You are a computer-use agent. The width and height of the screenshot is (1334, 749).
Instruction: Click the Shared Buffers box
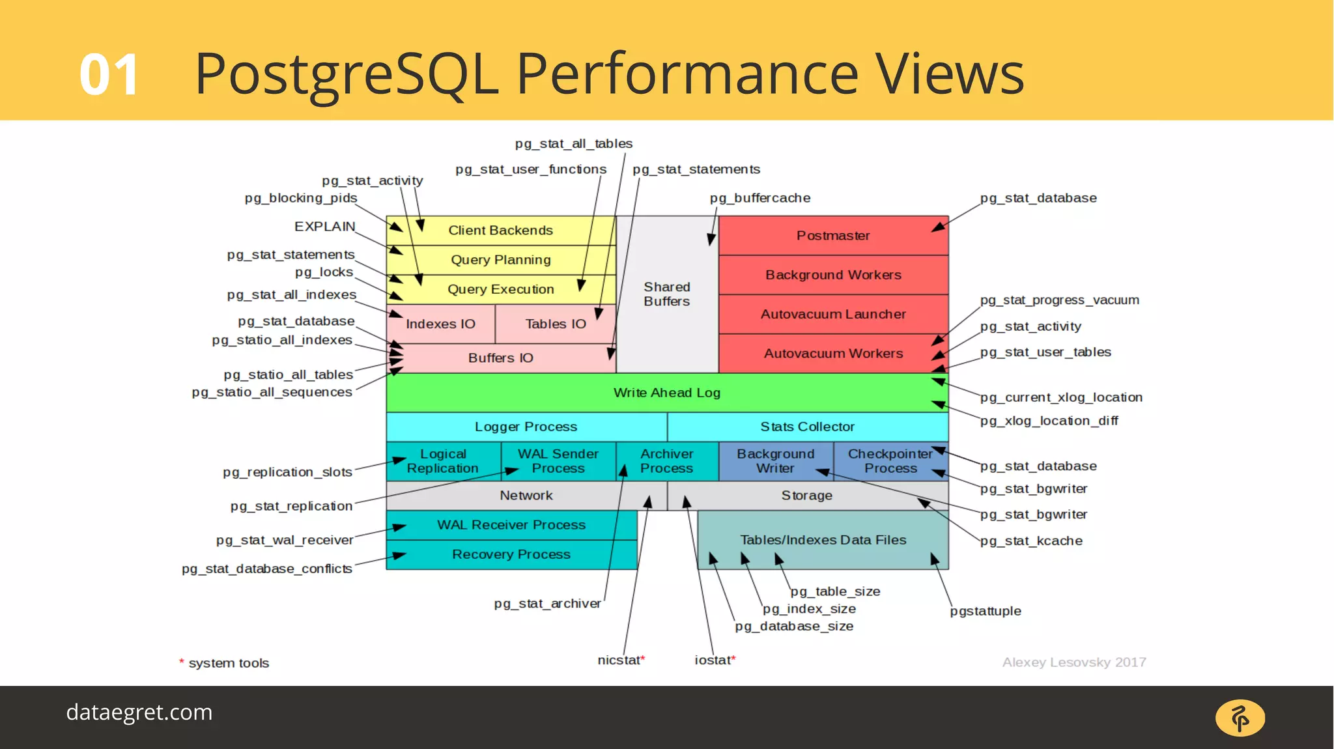[666, 294]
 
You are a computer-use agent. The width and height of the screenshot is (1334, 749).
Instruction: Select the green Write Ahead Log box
[666, 393]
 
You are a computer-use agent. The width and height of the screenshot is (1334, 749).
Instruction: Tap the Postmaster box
[833, 236]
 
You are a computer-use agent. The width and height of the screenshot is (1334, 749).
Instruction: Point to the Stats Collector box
[807, 427]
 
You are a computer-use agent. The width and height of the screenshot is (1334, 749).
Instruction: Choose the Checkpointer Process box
[890, 461]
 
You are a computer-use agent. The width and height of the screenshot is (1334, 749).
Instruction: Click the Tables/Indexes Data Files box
[823, 540]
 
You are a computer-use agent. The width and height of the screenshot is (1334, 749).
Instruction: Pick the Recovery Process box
[511, 554]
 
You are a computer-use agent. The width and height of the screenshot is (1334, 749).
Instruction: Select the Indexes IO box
[440, 324]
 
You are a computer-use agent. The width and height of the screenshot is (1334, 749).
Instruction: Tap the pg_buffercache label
[760, 198]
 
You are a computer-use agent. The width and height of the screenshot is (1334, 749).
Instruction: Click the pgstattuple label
[986, 611]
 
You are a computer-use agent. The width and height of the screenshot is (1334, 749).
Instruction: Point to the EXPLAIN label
[324, 227]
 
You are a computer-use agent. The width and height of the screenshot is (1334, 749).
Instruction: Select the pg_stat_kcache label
[1031, 541]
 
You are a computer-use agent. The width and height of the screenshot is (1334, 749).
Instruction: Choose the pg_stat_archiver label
[547, 604]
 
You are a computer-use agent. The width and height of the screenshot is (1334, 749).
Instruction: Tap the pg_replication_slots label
[287, 472]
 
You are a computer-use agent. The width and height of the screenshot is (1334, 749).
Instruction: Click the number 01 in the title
[109, 75]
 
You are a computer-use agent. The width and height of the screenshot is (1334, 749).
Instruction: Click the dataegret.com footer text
[139, 713]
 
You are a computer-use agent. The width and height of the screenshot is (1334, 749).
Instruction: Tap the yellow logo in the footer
[1240, 718]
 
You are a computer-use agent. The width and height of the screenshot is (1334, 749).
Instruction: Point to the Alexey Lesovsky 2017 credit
[1073, 662]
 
